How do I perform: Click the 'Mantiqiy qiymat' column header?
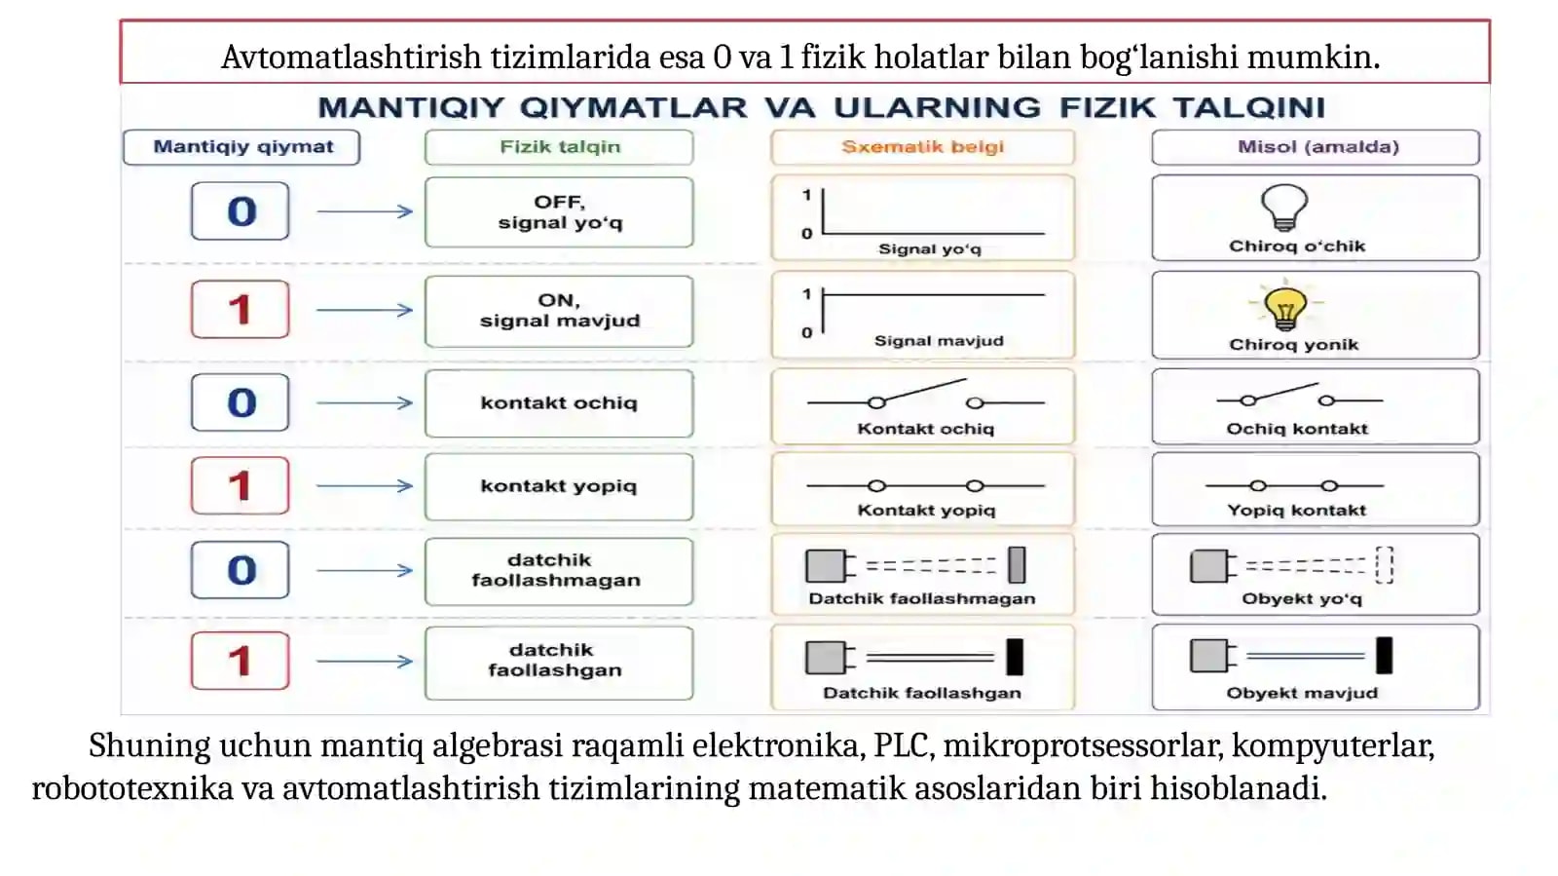[241, 147]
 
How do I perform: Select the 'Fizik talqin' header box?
[559, 147]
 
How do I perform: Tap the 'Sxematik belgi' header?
[922, 147]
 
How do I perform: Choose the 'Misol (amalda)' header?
[1316, 147]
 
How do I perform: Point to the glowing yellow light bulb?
[1285, 308]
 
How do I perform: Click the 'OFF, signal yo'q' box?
[559, 212]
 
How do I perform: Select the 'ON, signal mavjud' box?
[559, 311]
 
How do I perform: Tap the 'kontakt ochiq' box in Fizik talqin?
[559, 403]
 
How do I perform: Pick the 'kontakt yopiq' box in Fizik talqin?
[559, 486]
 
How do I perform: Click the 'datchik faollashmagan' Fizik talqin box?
[559, 571]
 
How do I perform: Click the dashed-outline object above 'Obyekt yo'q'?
[1384, 565]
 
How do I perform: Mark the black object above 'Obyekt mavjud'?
[1384, 656]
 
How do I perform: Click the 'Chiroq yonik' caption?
[1294, 344]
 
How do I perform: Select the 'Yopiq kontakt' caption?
[1296, 510]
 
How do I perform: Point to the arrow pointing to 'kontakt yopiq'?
[364, 485]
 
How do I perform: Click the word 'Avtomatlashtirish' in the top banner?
[352, 57]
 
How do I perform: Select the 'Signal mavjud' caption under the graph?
[939, 341]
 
